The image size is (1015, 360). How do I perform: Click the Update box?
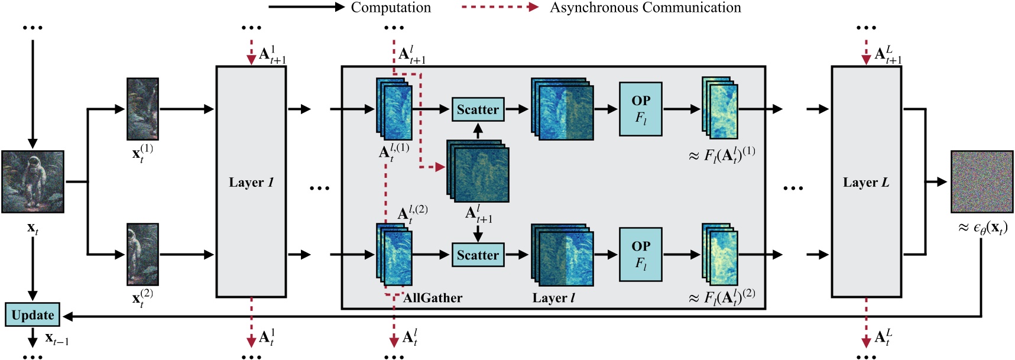(33, 315)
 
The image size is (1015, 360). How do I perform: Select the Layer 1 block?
(251, 181)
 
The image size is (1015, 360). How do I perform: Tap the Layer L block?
(866, 181)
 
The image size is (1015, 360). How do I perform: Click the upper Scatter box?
(478, 109)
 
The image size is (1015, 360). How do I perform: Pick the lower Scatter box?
(478, 255)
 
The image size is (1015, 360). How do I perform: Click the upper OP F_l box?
(640, 109)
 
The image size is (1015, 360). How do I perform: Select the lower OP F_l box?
(640, 254)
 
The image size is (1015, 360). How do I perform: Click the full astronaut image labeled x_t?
(33, 181)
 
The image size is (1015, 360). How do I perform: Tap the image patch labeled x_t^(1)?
(142, 109)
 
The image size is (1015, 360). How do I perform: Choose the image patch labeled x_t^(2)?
(142, 254)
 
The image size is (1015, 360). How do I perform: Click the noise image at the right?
(981, 181)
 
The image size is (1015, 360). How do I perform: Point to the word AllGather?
(433, 298)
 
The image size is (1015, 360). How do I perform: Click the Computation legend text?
(391, 8)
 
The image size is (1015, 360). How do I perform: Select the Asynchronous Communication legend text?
(645, 8)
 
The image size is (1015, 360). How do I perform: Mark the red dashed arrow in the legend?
(500, 8)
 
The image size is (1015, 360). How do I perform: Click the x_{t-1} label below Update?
(57, 339)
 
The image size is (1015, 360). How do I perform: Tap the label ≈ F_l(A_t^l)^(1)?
(722, 155)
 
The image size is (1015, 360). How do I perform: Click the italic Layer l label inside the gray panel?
(553, 298)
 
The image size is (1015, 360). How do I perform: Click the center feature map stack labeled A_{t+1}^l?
(478, 171)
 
